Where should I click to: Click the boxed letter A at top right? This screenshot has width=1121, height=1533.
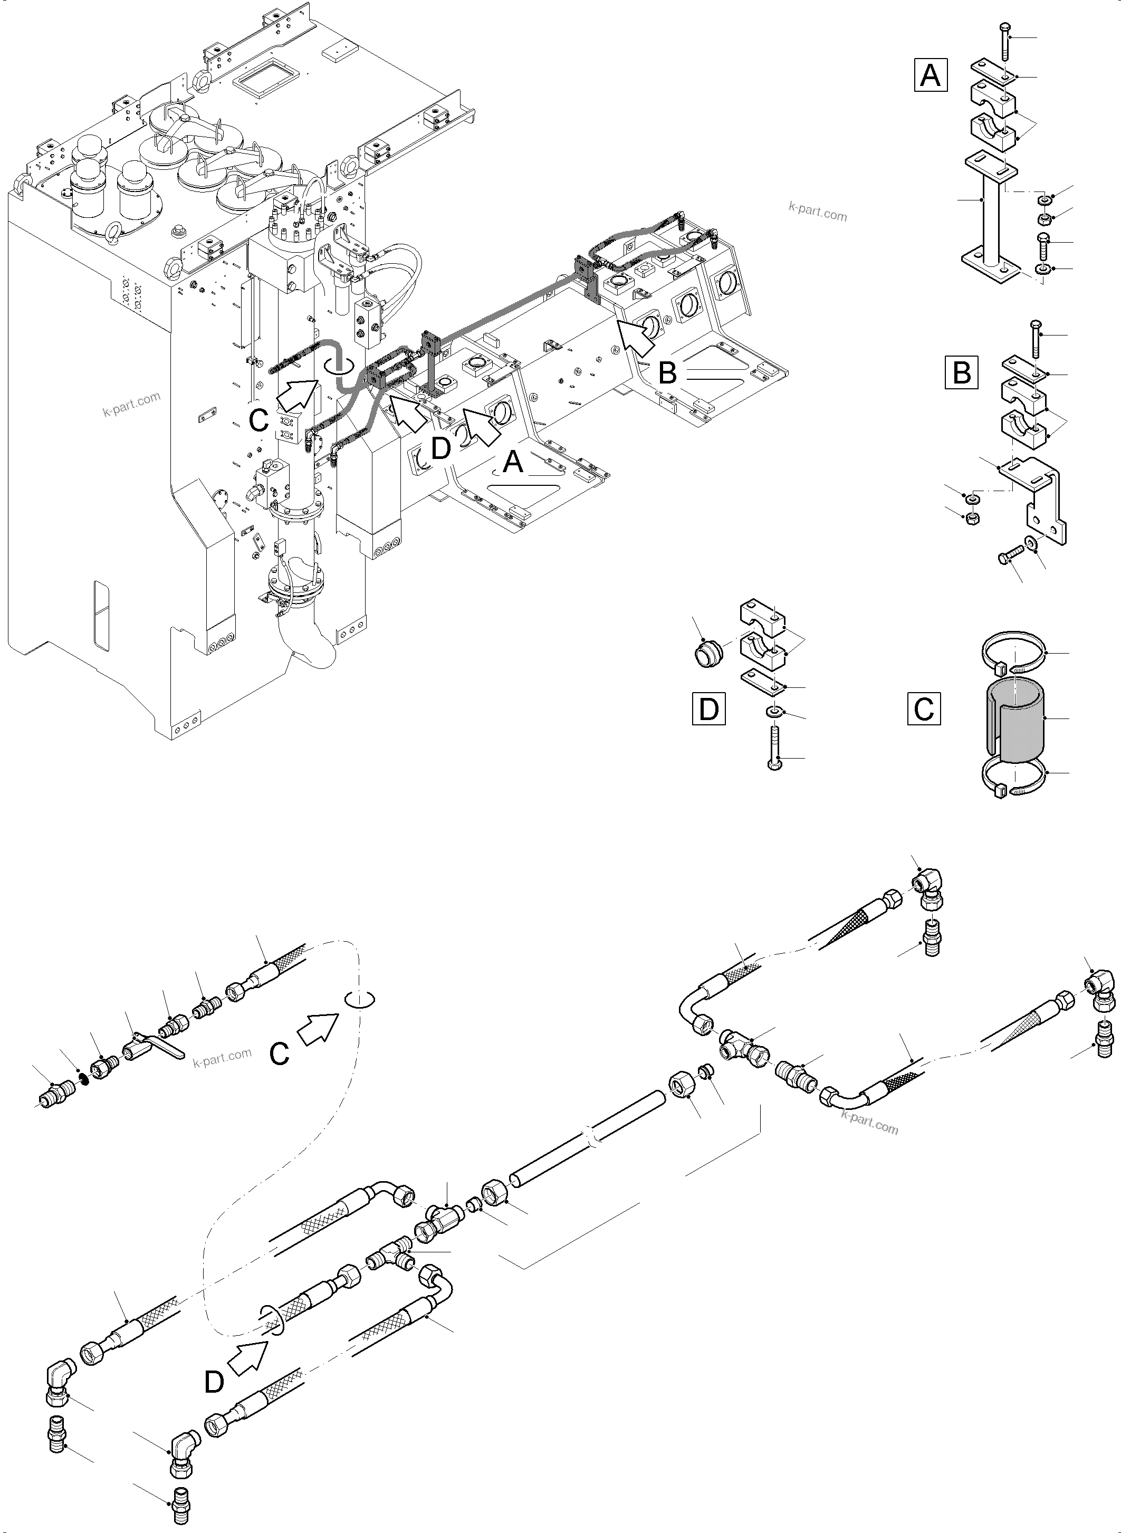(x=931, y=75)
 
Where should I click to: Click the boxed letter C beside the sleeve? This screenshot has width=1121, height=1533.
(x=924, y=708)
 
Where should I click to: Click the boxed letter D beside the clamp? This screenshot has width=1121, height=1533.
(x=708, y=709)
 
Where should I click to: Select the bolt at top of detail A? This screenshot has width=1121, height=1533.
(x=1005, y=41)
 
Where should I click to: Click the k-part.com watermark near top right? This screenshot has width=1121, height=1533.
(x=818, y=213)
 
